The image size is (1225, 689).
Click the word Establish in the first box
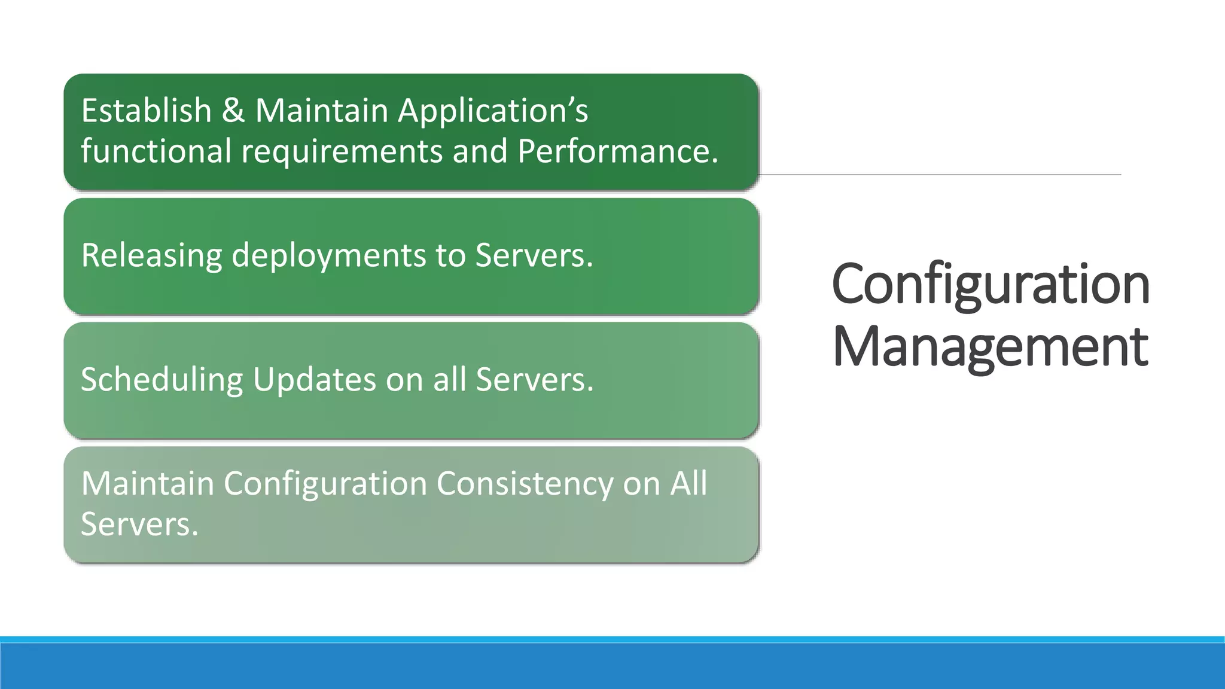(x=146, y=111)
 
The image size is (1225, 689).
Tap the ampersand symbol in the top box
(x=233, y=111)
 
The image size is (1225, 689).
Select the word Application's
(x=493, y=112)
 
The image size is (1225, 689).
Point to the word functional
(x=156, y=151)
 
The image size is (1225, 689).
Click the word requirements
(x=342, y=152)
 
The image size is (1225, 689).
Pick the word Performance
(x=617, y=151)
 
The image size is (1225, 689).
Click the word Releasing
(x=151, y=256)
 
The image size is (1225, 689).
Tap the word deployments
(x=328, y=256)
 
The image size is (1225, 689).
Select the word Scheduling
(x=161, y=380)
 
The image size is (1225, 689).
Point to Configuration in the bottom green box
(x=325, y=484)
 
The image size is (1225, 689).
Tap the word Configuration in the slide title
(x=990, y=285)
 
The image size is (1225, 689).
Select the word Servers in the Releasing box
(x=534, y=256)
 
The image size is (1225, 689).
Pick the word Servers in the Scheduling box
(x=534, y=380)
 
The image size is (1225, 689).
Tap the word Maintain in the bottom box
(x=147, y=483)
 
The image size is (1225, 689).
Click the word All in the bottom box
(x=688, y=483)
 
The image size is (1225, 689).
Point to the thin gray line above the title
(x=939, y=175)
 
